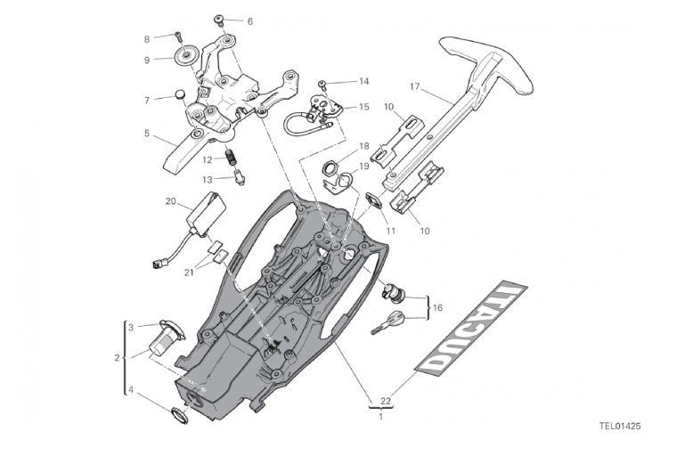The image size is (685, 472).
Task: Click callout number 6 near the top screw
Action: coord(250,20)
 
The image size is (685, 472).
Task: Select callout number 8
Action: coord(147,38)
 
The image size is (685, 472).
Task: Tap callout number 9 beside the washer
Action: coord(147,60)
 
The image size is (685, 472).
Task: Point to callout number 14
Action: coord(363,81)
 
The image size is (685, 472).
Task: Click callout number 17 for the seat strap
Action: coord(414,86)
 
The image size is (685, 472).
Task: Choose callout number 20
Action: coord(171,201)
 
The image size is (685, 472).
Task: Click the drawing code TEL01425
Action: coord(620,426)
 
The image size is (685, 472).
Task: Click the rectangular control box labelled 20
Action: coord(205,215)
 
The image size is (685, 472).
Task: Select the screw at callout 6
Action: coord(221,20)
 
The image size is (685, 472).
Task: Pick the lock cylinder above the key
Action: coord(393,290)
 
